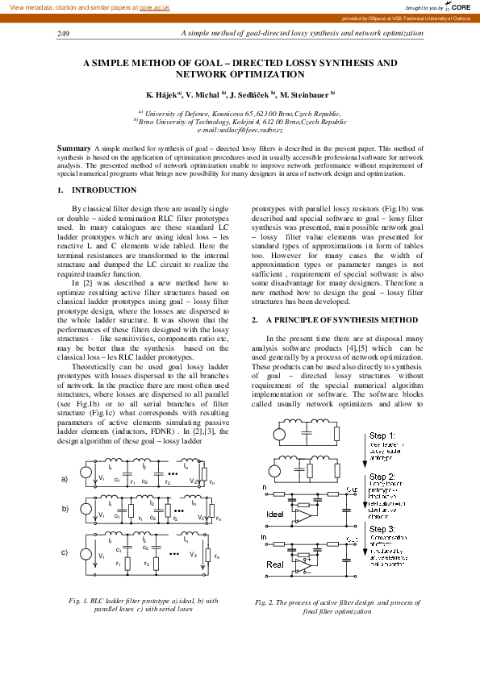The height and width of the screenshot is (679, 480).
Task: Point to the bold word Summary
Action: coord(74,149)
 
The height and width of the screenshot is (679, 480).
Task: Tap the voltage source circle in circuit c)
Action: coord(84,553)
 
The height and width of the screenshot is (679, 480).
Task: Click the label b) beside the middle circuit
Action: coord(65,510)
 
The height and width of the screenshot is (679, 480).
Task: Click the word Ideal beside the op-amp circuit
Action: coord(275,513)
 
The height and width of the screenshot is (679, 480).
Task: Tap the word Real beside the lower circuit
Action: coord(274,564)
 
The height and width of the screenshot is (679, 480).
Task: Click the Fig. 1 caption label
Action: coord(79,601)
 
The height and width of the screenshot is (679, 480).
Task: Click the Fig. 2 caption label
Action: coord(265,602)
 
